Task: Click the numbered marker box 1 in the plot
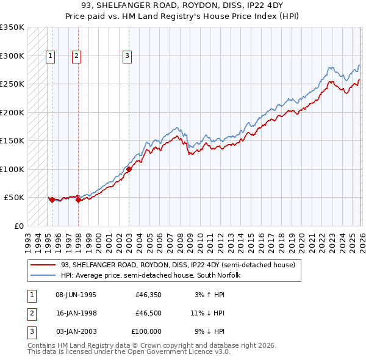tap(49, 56)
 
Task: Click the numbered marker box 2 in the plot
tap(76, 56)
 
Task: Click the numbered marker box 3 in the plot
tap(127, 56)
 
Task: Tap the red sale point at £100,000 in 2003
tap(129, 170)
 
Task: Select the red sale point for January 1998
tap(79, 200)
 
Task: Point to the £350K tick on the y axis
tap(12, 27)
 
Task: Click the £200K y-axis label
tap(12, 112)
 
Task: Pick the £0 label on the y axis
tap(19, 226)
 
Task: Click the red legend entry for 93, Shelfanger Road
tap(178, 265)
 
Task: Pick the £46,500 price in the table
tap(148, 313)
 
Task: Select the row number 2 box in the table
tap(31, 313)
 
